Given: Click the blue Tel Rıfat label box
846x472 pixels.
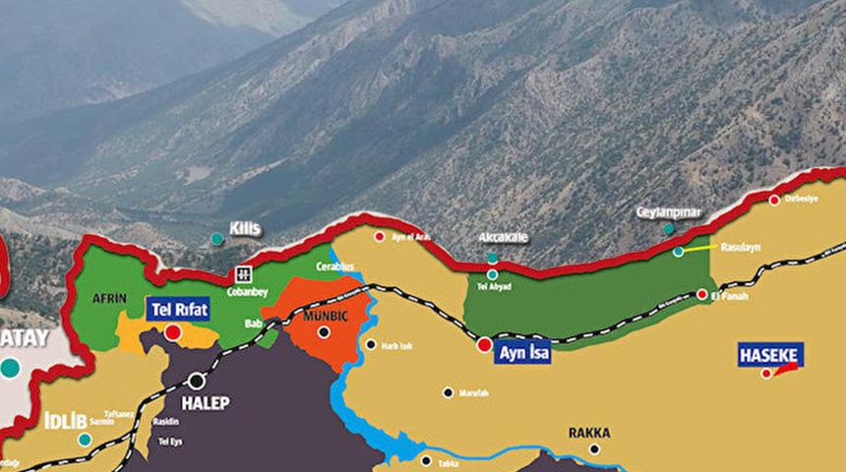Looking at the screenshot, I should coord(178,310).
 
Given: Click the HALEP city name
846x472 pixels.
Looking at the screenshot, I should coord(205,403).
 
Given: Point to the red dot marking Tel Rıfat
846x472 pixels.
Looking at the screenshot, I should coord(173,332).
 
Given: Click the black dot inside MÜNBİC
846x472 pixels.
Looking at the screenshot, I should coord(324,332).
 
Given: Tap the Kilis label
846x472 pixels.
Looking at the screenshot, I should coord(245,228).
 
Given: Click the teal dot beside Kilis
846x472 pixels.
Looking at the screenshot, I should coord(216,238).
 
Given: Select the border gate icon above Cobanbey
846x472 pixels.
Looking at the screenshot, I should coord(241,273).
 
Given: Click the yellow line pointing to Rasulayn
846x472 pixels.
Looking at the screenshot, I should coord(697,249).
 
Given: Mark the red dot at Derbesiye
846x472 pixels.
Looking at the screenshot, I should coord(774,201).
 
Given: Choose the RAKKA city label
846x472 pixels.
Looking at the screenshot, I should coord(589,433).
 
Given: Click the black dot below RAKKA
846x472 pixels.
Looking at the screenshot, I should coord(594,449).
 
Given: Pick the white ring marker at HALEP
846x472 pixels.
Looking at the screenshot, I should coord(197,380).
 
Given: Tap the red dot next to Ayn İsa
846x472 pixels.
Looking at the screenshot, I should coord(484,344).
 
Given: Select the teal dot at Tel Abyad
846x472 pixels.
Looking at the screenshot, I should coord(493,274).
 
